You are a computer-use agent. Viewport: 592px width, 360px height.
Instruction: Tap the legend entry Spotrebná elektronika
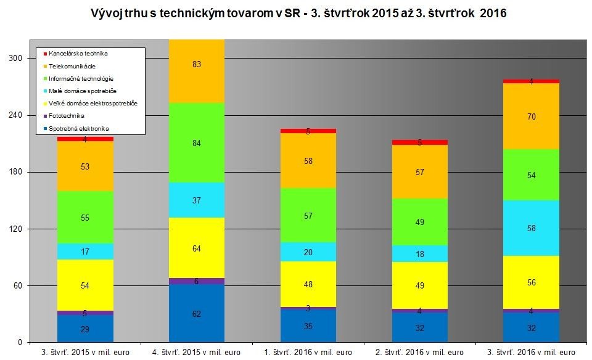click(78, 128)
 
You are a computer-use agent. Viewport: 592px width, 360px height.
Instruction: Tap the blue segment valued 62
click(197, 313)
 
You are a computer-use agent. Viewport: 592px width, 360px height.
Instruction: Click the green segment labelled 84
click(197, 143)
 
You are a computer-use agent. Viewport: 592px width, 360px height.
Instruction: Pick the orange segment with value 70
click(531, 116)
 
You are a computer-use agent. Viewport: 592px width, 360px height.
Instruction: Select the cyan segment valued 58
click(531, 228)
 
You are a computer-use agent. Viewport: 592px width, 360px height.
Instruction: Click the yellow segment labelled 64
click(197, 248)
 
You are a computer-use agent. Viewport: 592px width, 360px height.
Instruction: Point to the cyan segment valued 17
click(85, 252)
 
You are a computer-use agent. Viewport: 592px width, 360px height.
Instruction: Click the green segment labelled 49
click(419, 222)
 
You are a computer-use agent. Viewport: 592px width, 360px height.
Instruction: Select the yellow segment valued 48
click(308, 284)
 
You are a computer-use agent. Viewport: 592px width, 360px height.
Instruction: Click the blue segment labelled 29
click(85, 329)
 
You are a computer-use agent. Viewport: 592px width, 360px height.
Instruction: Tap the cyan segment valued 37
click(197, 200)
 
